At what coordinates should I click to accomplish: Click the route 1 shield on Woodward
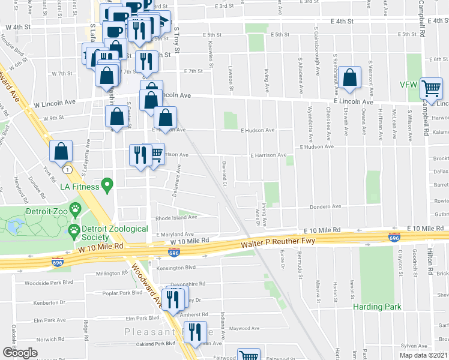pos(70,170)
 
